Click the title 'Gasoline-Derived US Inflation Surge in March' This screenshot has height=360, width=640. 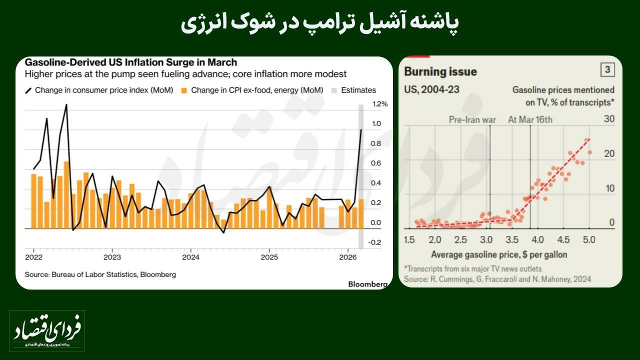click(131, 62)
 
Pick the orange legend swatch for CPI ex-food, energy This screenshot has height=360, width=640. click(184, 90)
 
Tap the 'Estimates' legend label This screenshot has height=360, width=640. click(358, 90)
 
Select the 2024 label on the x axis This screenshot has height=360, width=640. click(190, 257)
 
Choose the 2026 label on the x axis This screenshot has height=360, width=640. click(347, 257)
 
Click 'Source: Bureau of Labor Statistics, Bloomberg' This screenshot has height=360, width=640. click(100, 274)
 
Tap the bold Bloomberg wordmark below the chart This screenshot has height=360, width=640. click(367, 284)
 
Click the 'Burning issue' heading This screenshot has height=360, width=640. click(440, 71)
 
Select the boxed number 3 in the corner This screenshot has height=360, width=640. click(607, 70)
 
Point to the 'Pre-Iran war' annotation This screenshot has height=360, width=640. click(472, 119)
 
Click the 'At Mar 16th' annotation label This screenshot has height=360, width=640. click(530, 119)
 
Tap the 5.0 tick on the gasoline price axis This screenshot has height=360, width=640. click(589, 239)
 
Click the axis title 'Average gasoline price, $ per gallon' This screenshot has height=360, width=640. click(499, 254)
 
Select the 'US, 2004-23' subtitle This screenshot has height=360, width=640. click(432, 89)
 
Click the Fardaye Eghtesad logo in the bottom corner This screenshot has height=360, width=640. click(47, 329)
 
